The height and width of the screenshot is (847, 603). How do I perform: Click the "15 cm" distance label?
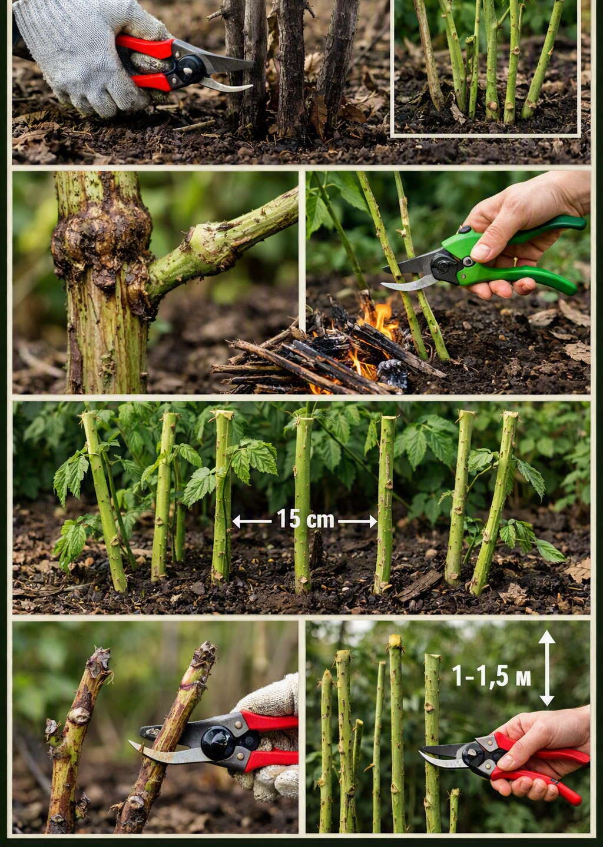306,519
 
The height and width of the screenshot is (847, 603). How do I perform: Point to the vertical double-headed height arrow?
546,669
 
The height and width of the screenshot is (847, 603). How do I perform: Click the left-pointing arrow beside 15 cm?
251,522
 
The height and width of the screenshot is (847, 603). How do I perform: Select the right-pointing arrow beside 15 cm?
357,522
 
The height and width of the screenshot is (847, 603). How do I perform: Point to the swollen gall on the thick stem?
102,242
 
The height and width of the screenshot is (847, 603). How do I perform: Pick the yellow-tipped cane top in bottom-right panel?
395,640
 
